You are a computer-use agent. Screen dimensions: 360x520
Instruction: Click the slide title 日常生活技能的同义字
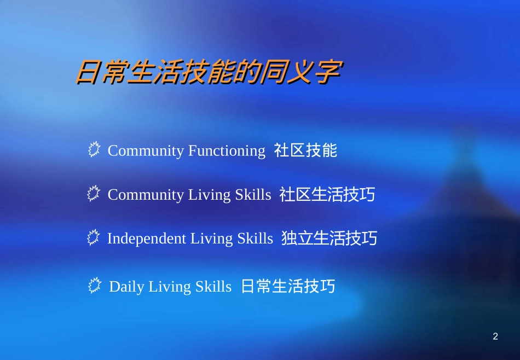point(209,72)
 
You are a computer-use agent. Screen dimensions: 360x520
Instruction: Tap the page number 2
point(495,337)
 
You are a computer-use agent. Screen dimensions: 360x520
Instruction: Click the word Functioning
point(227,151)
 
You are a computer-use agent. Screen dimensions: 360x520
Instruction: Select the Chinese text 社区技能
point(306,150)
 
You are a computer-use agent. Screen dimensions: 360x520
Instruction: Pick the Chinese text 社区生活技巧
point(327,194)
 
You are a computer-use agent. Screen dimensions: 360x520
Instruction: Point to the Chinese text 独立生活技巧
point(330,238)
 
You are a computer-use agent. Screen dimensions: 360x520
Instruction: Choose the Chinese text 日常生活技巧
point(288,286)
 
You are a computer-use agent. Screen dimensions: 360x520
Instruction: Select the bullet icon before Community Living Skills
point(94,194)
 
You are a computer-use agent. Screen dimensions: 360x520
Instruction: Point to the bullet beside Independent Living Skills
point(94,237)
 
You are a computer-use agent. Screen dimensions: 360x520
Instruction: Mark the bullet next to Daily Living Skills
point(95,286)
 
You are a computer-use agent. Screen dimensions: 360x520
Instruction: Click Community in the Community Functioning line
point(146,151)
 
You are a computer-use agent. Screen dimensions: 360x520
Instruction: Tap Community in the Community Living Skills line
point(146,195)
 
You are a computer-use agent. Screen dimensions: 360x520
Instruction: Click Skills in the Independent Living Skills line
point(255,239)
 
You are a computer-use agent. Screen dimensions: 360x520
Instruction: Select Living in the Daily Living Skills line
point(170,287)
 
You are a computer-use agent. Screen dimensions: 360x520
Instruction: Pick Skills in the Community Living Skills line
point(253,195)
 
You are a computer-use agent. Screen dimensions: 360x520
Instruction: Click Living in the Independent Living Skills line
point(211,239)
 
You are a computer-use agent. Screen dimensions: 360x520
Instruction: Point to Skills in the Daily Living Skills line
point(213,287)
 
